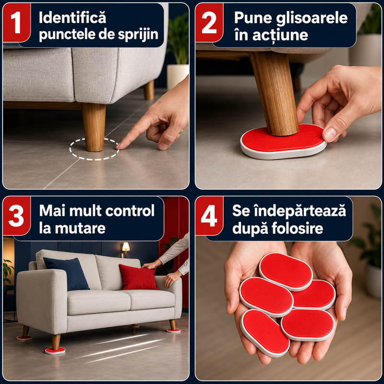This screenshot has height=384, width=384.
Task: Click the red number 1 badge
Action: (x=16, y=22)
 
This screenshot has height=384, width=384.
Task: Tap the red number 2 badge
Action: (x=209, y=22)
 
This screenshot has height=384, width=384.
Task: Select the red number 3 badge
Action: (x=16, y=216)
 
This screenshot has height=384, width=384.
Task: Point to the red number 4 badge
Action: (x=209, y=216)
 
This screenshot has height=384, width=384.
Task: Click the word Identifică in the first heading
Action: (x=72, y=18)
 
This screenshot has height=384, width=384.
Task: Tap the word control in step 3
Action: (x=130, y=211)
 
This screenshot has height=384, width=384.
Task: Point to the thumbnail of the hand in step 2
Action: (x=330, y=134)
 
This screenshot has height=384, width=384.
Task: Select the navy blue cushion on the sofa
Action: (x=67, y=274)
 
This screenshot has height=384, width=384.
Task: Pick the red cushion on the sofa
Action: (x=138, y=277)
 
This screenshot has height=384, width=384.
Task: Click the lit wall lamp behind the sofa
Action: (x=126, y=247)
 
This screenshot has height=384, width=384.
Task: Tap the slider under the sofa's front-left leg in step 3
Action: (x=55, y=351)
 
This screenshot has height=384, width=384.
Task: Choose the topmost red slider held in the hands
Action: (x=286, y=271)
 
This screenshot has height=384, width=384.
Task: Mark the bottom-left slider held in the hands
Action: (x=265, y=333)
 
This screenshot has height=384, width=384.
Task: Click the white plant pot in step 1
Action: (x=178, y=76)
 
